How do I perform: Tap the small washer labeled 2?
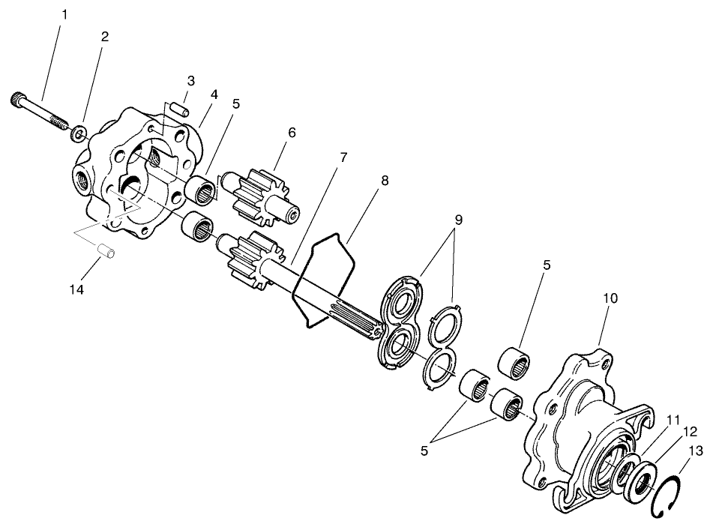tap(79, 136)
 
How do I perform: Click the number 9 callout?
tap(458, 220)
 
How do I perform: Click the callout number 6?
tap(292, 133)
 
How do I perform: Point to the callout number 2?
tap(104, 37)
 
